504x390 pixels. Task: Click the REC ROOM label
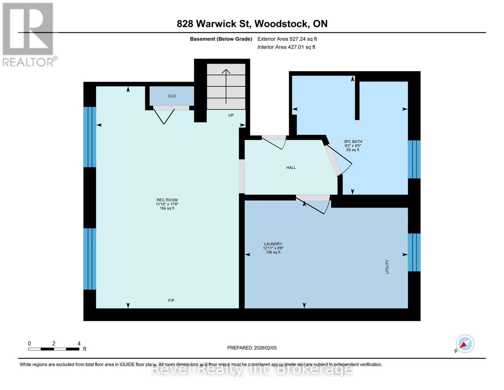167,200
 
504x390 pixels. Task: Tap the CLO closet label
172,96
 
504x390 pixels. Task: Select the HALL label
291,168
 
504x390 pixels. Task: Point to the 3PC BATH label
353,142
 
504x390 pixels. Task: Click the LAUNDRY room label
273,244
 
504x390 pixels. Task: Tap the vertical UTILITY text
387,266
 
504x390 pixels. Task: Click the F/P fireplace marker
171,300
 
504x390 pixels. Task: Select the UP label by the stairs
231,115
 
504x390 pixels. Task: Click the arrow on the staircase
226,86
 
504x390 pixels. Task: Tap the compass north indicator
465,344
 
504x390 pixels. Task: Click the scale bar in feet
54,349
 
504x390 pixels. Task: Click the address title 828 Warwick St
252,24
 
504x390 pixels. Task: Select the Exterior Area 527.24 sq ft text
287,39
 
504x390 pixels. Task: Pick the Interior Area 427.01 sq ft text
286,47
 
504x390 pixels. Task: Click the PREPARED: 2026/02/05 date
252,348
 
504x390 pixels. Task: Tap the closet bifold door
164,116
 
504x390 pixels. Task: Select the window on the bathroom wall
414,159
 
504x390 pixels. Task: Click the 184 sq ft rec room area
167,208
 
